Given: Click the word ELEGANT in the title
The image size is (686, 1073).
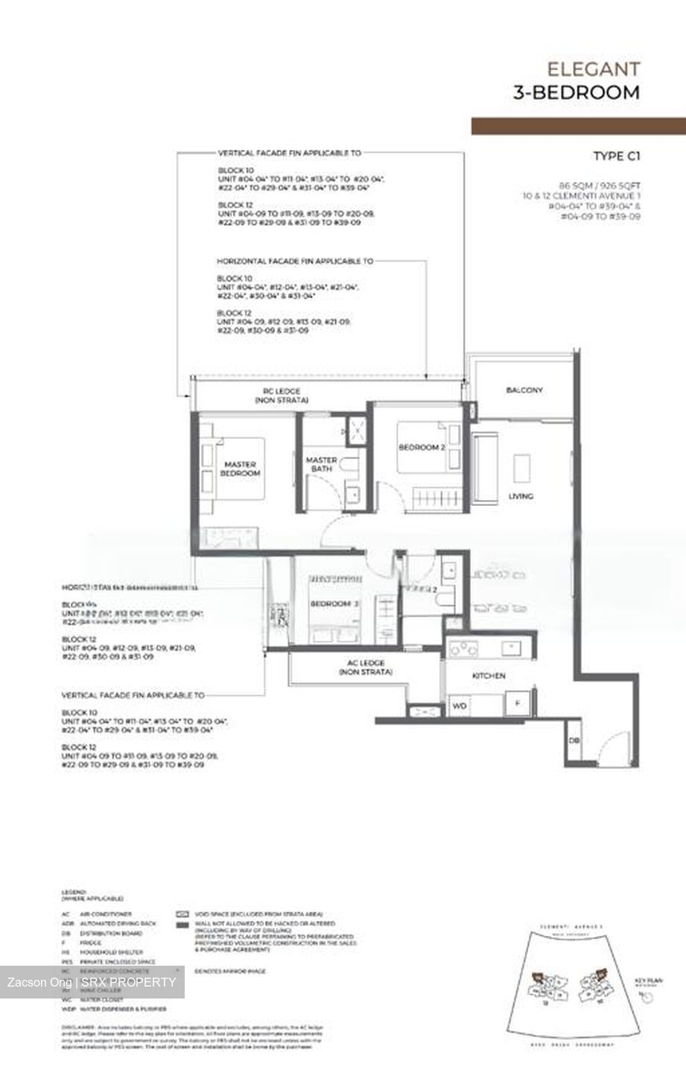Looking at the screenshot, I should [x=593, y=69].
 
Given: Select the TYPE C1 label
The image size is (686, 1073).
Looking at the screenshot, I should [x=616, y=156].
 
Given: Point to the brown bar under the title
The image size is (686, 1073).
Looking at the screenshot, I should [x=578, y=125].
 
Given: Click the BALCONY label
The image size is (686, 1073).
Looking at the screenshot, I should [x=524, y=390].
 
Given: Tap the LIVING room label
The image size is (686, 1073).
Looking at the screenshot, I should [x=521, y=496].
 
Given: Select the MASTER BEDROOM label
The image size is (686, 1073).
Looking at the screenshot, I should [x=241, y=469].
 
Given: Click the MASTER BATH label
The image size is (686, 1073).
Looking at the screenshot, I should [x=321, y=464].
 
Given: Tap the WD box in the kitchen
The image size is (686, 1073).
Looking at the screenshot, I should [x=460, y=705].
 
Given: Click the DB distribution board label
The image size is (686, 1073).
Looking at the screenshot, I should [x=574, y=740].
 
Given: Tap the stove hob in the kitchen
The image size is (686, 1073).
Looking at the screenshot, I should [x=462, y=647].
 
